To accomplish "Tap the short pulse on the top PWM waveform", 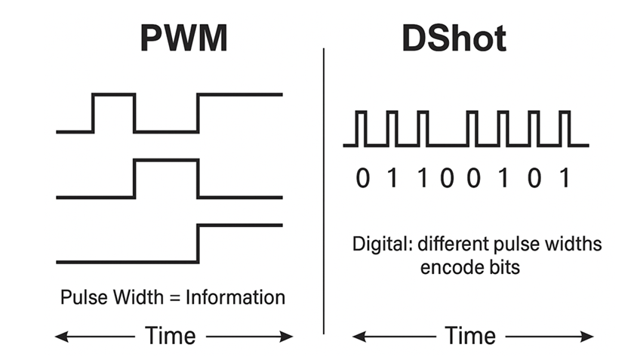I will coord(113,96).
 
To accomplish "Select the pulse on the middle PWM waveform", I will coord(166,161).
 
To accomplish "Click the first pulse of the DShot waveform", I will coord(362,113).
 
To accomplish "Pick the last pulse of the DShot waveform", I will coord(563,113).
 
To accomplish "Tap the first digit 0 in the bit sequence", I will coord(364,178).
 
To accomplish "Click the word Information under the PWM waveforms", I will coord(240,297).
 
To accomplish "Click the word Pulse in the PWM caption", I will coord(80,297).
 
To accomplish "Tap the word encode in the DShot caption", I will coord(446,268).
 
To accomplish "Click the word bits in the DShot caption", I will coord(502,268).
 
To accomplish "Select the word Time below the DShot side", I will coord(470,336).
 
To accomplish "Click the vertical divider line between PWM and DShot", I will coord(324,189).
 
